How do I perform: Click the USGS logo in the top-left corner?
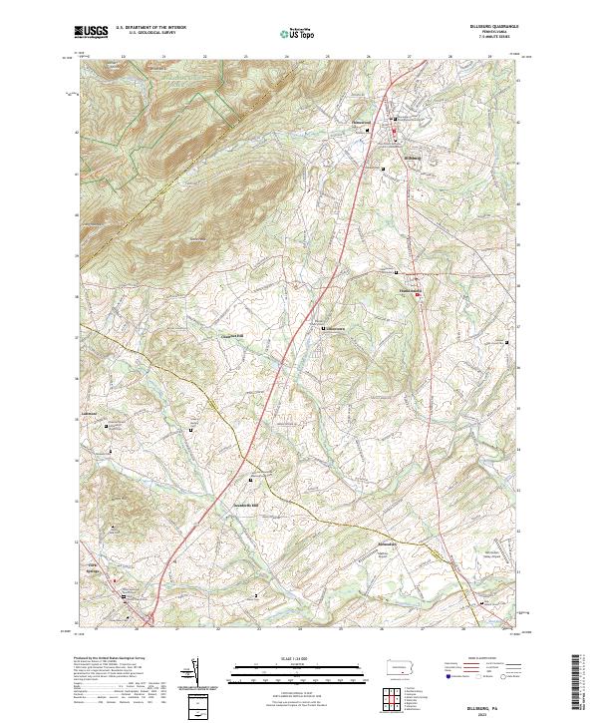pos(91,33)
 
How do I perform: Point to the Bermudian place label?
pos(388,543)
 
